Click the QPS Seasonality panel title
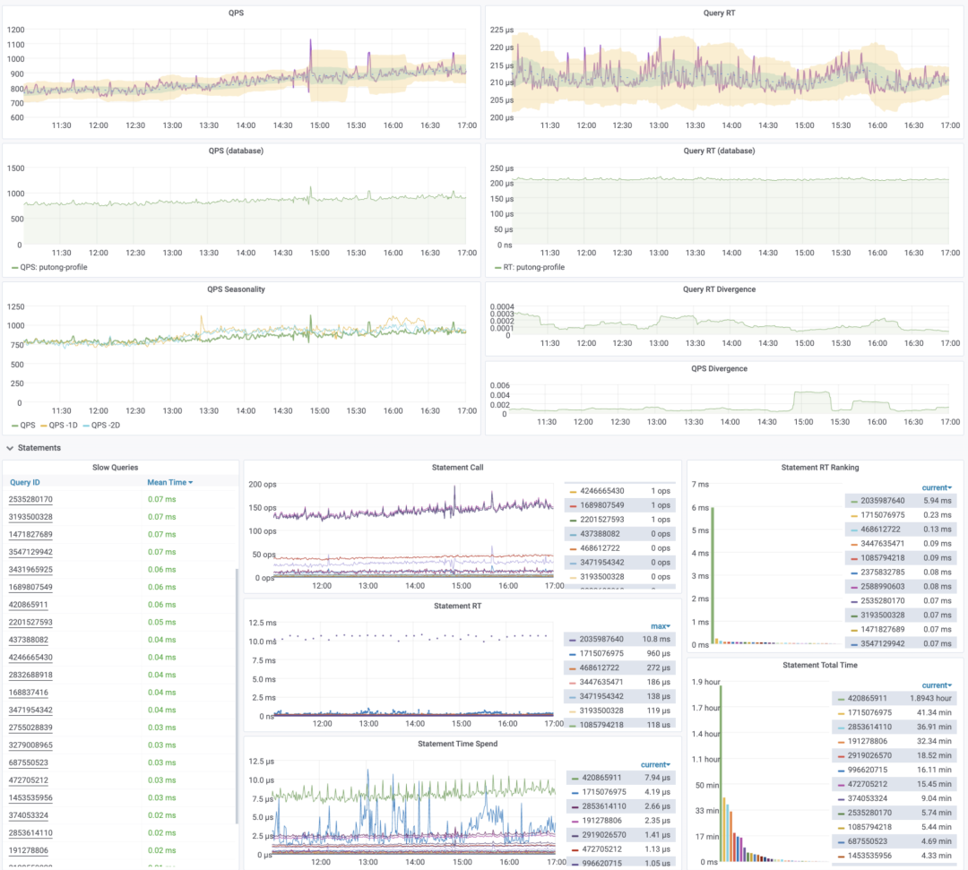pyautogui.click(x=236, y=289)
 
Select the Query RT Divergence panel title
pyautogui.click(x=719, y=289)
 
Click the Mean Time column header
pyautogui.click(x=169, y=482)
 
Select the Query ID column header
pyautogui.click(x=25, y=482)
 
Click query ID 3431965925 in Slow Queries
pyautogui.click(x=30, y=570)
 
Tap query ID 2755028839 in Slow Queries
pyautogui.click(x=30, y=728)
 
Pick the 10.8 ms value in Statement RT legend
pyautogui.click(x=656, y=640)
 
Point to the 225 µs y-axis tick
pyautogui.click(x=502, y=30)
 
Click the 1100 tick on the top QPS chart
pyautogui.click(x=15, y=44)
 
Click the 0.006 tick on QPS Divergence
pyautogui.click(x=497, y=383)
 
